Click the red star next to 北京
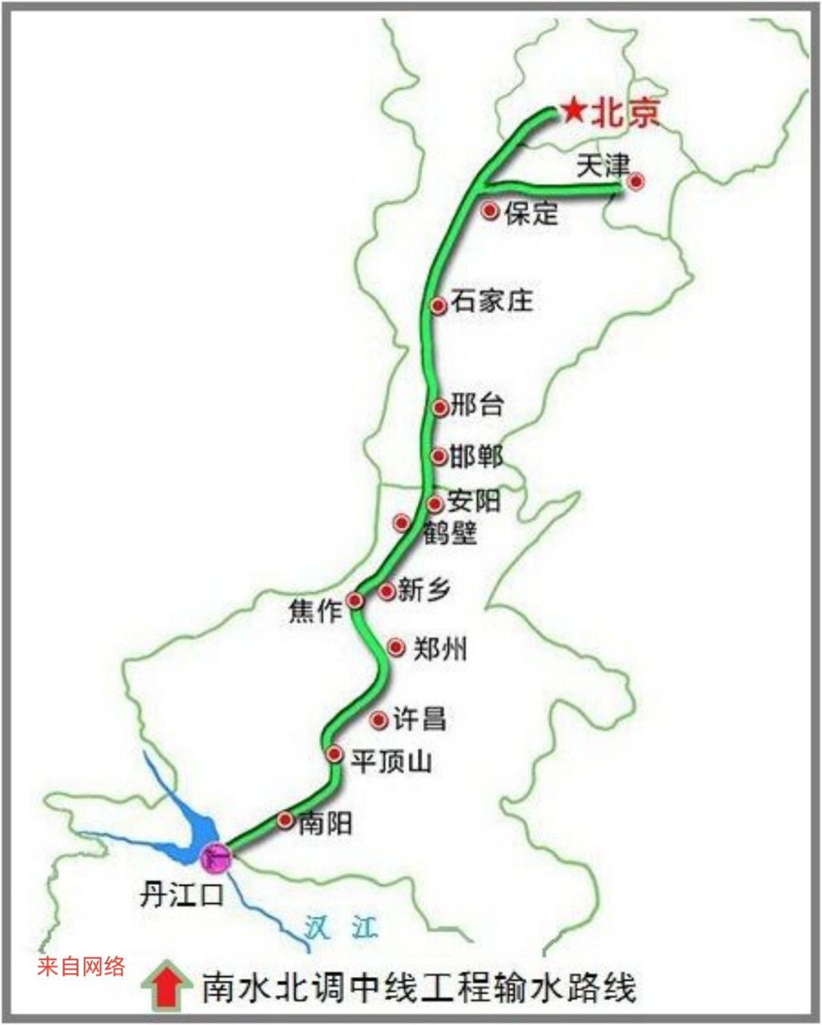(573, 111)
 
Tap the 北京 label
(625, 112)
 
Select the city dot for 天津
(636, 182)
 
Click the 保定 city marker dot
(490, 211)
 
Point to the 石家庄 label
(491, 301)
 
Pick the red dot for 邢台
(439, 407)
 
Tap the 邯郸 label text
(476, 456)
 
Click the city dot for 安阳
(435, 504)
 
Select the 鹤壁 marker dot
(402, 523)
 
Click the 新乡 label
(424, 590)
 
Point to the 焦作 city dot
(355, 601)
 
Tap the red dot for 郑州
(395, 647)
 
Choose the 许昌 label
(419, 718)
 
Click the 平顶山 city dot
(335, 754)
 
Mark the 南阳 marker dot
(285, 819)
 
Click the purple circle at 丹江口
(215, 858)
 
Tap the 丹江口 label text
(182, 894)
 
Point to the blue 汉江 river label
(341, 927)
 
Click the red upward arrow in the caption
(166, 985)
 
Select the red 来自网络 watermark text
(81, 967)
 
